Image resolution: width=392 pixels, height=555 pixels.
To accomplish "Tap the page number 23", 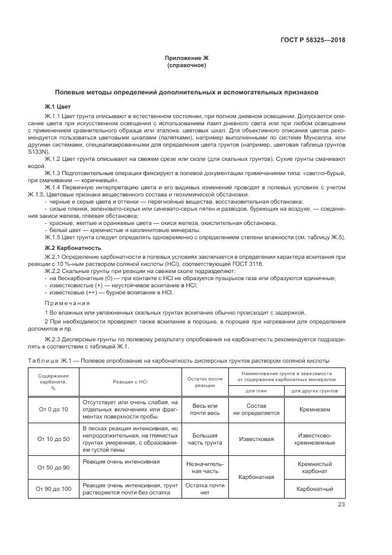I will (342, 505).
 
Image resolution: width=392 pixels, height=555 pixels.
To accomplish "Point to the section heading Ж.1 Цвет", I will (57, 106).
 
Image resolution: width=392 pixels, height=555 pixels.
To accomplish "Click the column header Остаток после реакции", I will (205, 382).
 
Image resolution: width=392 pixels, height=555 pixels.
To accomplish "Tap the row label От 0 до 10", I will (53, 410).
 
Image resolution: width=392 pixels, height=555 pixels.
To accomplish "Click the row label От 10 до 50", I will (53, 439).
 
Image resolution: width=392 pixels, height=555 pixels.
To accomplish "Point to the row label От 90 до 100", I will (53, 489).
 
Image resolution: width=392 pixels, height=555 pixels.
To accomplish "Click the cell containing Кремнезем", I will (313, 410).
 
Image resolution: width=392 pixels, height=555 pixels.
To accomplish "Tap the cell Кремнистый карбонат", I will (313, 468).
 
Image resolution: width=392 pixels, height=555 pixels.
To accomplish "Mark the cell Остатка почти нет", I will (205, 489).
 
